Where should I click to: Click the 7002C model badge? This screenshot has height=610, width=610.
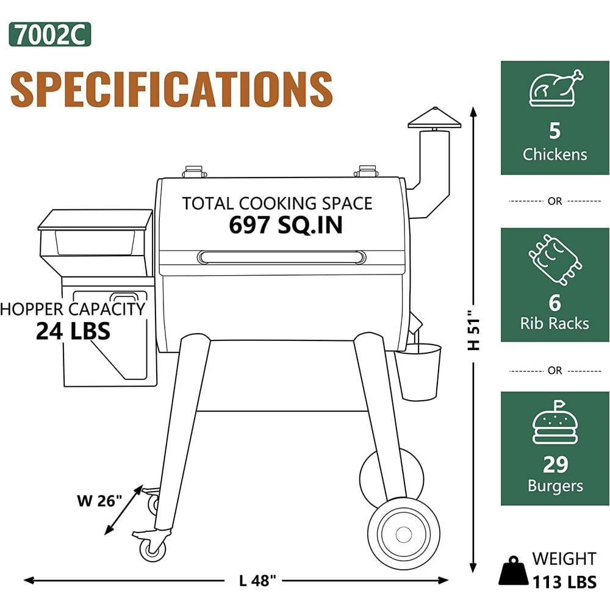tap(50, 34)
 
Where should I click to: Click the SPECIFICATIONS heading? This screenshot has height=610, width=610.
tap(171, 89)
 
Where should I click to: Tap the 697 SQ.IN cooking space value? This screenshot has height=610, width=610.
tap(285, 225)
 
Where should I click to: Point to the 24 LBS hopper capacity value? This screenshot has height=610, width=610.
tap(73, 331)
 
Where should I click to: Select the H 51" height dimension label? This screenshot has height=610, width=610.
tap(474, 330)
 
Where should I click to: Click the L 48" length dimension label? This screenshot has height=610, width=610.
tap(257, 581)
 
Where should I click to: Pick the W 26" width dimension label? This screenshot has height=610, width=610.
tap(99, 500)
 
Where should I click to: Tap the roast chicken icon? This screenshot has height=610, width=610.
tap(556, 88)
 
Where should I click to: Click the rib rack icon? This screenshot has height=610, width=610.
tap(555, 259)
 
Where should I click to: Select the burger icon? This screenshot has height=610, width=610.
tap(555, 423)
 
